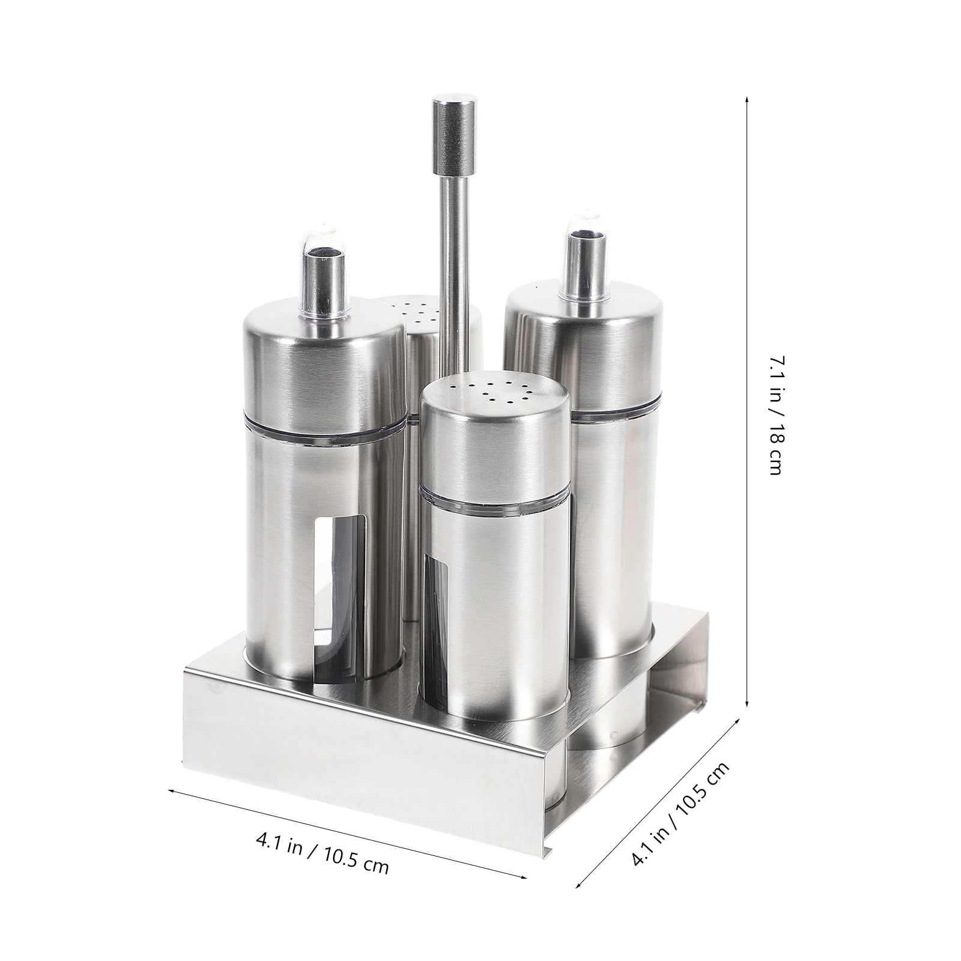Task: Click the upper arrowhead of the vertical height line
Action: click(747, 99)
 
